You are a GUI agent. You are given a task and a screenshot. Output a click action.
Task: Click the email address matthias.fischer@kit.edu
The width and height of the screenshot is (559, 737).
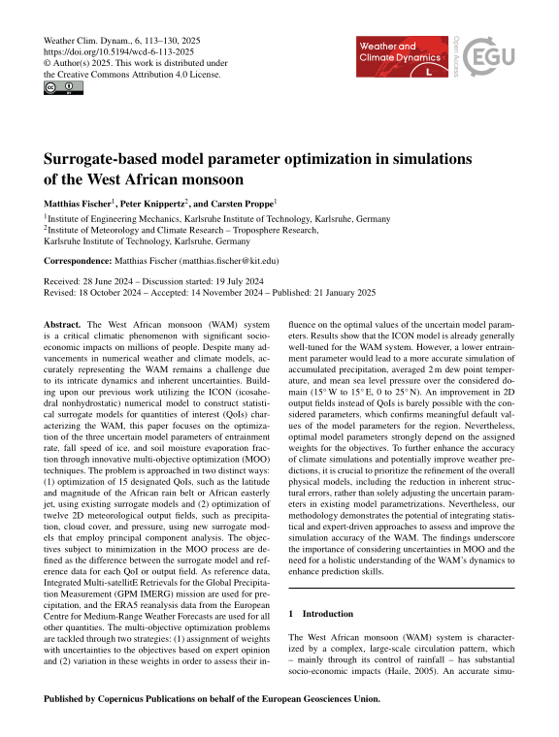point(219,261)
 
